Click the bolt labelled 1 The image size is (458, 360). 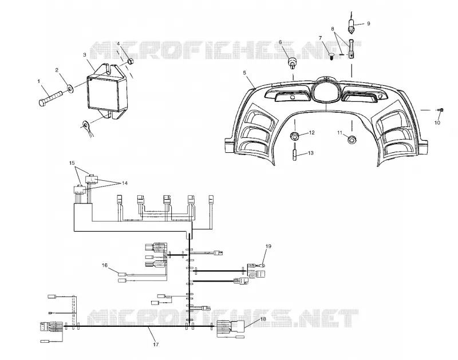pyautogui.click(x=50, y=98)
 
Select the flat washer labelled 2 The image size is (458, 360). pyautogui.click(x=70, y=88)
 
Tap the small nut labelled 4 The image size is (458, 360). pyautogui.click(x=131, y=61)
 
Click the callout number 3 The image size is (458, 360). pyautogui.click(x=84, y=54)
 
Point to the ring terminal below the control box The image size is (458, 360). pyautogui.click(x=86, y=125)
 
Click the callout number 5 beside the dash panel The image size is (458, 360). pyautogui.click(x=244, y=73)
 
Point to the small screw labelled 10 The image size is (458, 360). pyautogui.click(x=441, y=110)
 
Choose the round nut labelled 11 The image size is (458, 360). pyautogui.click(x=352, y=140)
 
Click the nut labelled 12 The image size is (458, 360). pyautogui.click(x=294, y=136)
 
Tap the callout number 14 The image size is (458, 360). pyautogui.click(x=125, y=183)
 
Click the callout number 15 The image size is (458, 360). pyautogui.click(x=72, y=163)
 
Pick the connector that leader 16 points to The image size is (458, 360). pyautogui.click(x=122, y=274)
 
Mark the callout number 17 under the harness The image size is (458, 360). pyautogui.click(x=156, y=345)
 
